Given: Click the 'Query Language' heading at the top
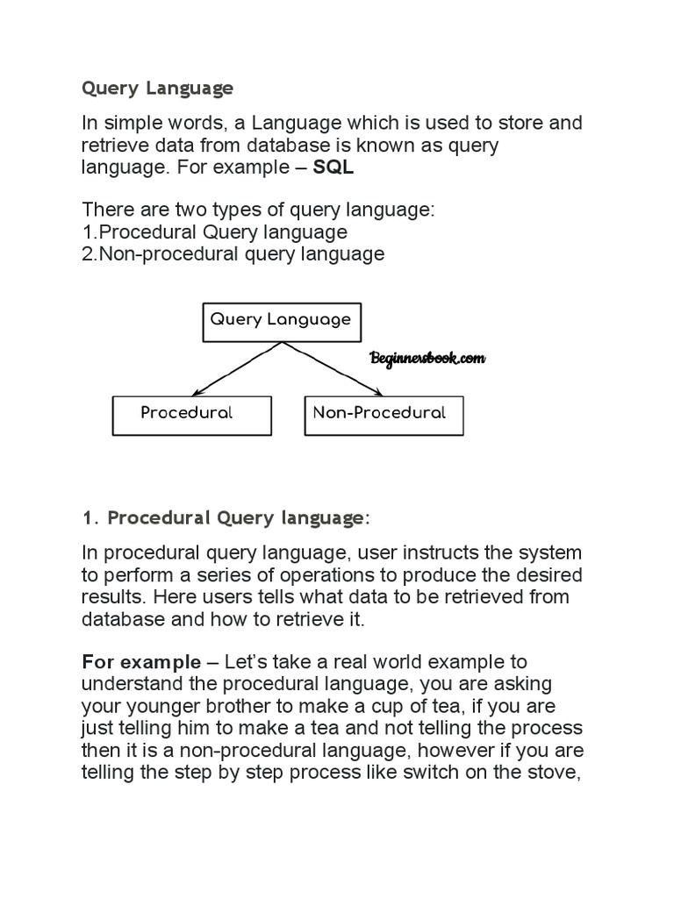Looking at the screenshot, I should point(158,89).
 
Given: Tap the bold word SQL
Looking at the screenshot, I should point(333,168).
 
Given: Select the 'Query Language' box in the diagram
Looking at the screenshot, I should point(280,320).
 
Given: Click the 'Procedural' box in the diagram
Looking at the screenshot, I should point(191,414).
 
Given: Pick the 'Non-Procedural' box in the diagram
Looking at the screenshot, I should point(383,414).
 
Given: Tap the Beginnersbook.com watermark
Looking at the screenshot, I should point(427,359).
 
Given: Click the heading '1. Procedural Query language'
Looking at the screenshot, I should point(226,518).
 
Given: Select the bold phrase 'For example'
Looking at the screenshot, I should point(140,661).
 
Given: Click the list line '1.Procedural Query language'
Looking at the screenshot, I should point(214,232).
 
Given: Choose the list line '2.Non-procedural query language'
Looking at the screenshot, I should point(233,254).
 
